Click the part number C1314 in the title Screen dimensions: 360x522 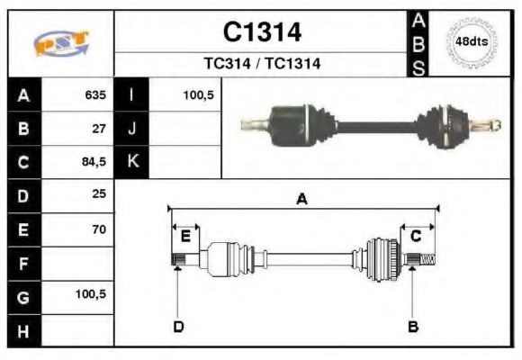pos(262,32)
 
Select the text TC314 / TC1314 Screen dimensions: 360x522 pos(262,64)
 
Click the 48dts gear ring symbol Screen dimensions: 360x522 pos(472,42)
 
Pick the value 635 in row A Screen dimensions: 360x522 pos(94,94)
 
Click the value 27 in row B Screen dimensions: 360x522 pos(99,128)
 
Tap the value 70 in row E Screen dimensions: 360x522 pos(99,229)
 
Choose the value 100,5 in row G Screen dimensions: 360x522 pos(91,293)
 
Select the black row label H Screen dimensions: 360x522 pos(23,330)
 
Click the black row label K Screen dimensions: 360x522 pos(131,162)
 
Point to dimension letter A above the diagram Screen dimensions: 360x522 pos(302,200)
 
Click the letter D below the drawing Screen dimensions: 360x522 pos(177,326)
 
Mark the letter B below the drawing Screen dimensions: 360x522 pos(413,326)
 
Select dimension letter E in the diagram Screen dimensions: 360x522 pos(185,237)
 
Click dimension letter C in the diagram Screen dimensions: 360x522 pos(416,237)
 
